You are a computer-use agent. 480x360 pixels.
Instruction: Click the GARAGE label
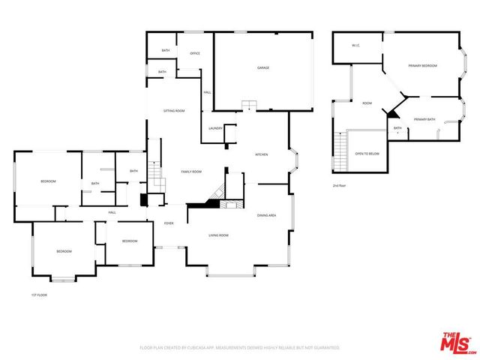point(263,67)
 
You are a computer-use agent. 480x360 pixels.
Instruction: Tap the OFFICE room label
point(194,53)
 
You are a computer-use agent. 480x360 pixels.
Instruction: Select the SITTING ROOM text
point(174,110)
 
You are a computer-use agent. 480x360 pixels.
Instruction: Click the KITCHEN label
point(262,154)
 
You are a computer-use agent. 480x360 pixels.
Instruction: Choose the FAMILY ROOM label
point(191,172)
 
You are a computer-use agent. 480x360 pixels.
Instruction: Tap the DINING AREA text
point(267,215)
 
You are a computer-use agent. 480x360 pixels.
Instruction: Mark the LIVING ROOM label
point(218,235)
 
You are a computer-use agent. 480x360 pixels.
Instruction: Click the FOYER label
point(169,223)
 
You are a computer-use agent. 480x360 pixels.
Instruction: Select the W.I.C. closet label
point(356,46)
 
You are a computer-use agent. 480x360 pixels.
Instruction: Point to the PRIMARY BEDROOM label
point(422,66)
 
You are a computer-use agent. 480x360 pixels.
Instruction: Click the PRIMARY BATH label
point(424,119)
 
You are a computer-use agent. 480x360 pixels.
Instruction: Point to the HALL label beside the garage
point(207,92)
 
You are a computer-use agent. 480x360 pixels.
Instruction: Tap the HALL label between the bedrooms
point(112,212)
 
